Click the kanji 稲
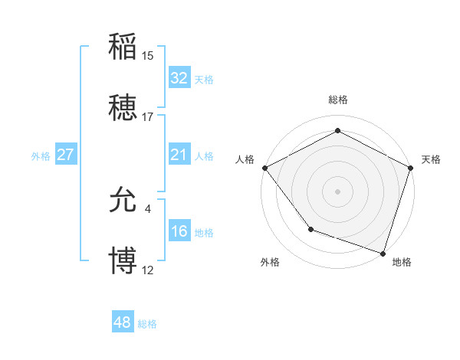pyautogui.click(x=123, y=47)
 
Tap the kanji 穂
pyautogui.click(x=123, y=109)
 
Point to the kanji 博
pyautogui.click(x=123, y=261)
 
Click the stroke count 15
pyautogui.click(x=148, y=55)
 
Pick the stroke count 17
pyautogui.click(x=148, y=117)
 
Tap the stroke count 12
pyautogui.click(x=148, y=270)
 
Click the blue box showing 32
pyautogui.click(x=179, y=78)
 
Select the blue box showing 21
pyautogui.click(x=179, y=155)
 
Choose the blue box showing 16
pyautogui.click(x=179, y=231)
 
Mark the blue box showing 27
pyautogui.click(x=66, y=155)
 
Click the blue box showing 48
pyautogui.click(x=123, y=322)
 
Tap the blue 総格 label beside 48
pyautogui.click(x=147, y=324)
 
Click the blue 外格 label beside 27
pyautogui.click(x=41, y=156)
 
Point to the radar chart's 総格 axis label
pyautogui.click(x=338, y=100)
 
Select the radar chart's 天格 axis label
pyautogui.click(x=431, y=159)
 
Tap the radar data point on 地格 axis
pyautogui.click(x=383, y=253)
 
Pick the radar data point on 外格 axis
pyautogui.click(x=310, y=228)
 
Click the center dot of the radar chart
pyautogui.click(x=338, y=191)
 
